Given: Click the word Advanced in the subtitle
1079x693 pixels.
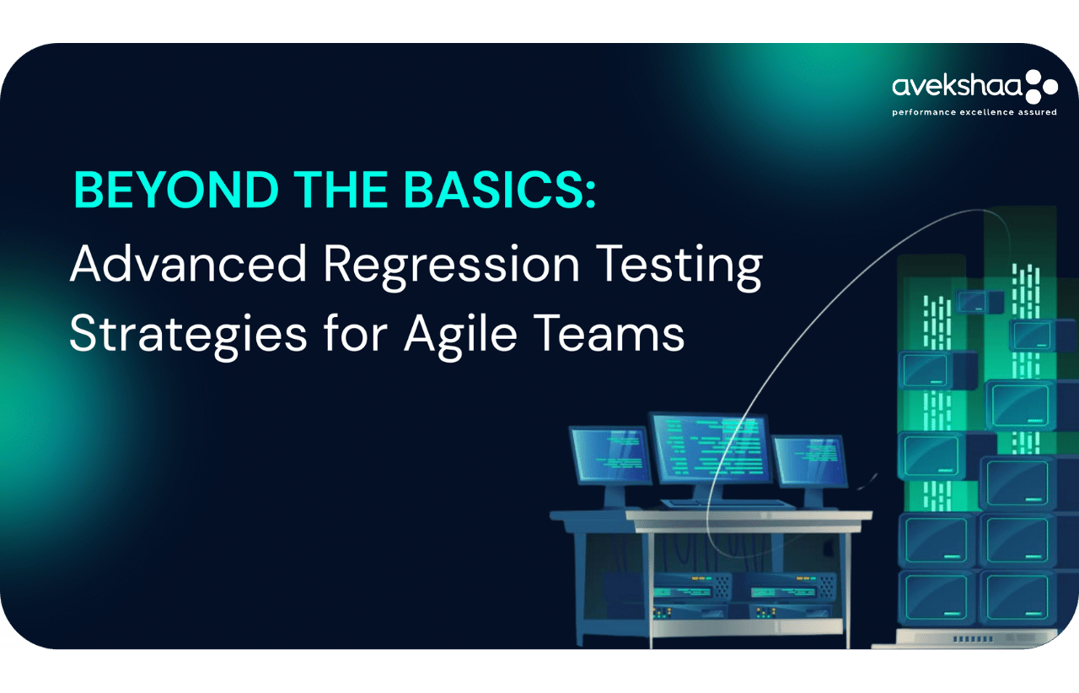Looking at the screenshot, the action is tap(188, 264).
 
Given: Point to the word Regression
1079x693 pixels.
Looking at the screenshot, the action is tap(451, 267).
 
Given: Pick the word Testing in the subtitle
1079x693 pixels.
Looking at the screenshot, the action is tap(679, 267).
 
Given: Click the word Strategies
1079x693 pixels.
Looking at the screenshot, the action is tap(188, 336).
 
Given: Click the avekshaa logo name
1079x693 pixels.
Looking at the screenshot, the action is tap(957, 87).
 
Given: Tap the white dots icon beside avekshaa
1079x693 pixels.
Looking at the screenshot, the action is tap(1041, 87).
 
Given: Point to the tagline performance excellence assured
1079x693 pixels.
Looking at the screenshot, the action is tap(974, 112).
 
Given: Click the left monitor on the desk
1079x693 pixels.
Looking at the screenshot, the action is tap(610, 454).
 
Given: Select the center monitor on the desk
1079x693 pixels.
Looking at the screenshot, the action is tap(711, 449).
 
